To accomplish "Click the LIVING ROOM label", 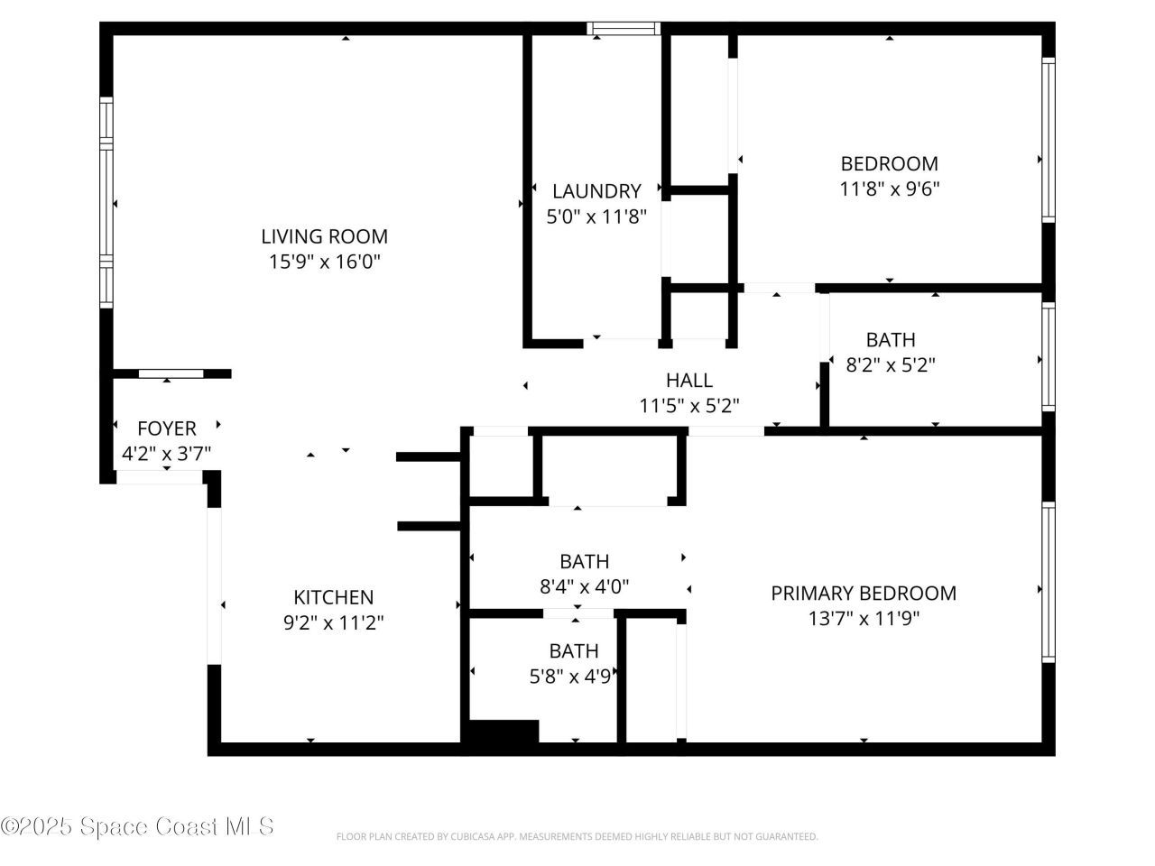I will coord(324,236).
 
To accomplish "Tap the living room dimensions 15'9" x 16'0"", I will coord(324,263).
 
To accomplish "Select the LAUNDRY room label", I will coord(596,191).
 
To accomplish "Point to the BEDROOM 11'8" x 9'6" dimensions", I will coord(889,189).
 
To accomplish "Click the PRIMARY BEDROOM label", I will coord(864,593).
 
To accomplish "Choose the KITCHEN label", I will coord(333,597).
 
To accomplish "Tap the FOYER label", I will coord(166,428).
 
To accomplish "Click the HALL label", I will coord(688,381).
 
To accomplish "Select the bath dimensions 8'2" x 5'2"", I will coord(890,365).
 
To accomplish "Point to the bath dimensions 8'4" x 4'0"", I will coord(584,586).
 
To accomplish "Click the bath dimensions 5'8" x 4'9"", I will coord(573,676).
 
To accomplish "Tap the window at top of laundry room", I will coord(624,29).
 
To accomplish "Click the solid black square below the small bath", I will coord(504,732).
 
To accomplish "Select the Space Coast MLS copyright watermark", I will coord(137,825).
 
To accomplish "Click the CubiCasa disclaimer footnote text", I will coord(577,837).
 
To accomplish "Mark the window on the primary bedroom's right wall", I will coord(1048,581).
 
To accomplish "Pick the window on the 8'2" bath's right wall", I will coord(1048,356).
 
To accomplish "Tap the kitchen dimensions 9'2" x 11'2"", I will coord(333,622).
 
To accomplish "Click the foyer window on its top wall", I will coord(171,373).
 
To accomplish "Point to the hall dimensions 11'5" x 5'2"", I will coord(689,406).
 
